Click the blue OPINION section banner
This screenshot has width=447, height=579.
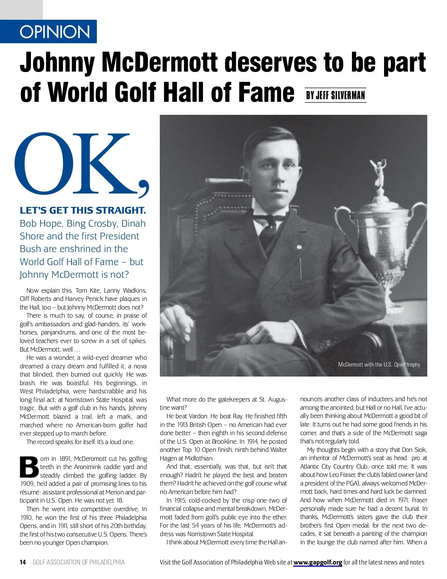tap(55, 32)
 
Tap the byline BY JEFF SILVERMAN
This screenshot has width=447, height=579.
tap(335, 95)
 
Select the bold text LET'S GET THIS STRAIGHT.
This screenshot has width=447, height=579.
tap(83, 210)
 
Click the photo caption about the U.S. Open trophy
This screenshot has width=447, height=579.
tap(379, 364)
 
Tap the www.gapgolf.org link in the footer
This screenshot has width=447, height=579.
tap(317, 562)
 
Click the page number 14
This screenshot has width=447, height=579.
tap(23, 562)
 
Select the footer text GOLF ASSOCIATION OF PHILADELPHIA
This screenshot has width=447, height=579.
tap(79, 562)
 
